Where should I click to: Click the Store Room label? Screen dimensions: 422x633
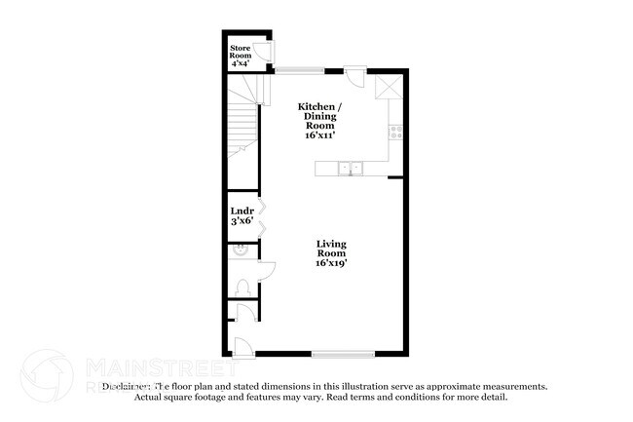240,55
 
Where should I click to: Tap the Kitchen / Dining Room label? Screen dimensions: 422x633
319,120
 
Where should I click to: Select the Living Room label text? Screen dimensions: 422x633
332,253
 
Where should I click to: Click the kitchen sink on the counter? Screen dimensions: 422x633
350,169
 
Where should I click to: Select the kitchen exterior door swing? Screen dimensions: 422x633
357,75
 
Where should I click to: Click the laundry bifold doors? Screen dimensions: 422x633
262,214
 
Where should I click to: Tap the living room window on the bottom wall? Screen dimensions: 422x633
343,353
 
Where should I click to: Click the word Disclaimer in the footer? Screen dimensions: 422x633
124,386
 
